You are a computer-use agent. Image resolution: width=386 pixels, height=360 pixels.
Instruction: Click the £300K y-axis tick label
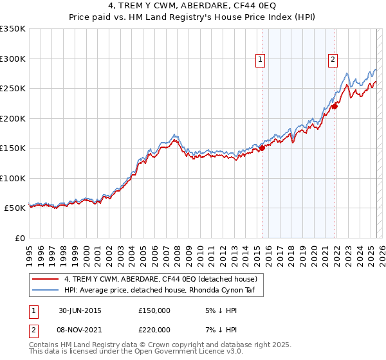point(13,59)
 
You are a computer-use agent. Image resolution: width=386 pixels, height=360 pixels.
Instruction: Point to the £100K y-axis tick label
point(13,178)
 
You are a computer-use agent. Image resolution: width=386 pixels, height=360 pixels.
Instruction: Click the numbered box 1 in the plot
point(261,60)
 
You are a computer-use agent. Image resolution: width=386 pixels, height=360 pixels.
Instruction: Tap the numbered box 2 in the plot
point(333,60)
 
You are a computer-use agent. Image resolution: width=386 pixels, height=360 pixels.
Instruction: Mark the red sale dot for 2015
point(262,148)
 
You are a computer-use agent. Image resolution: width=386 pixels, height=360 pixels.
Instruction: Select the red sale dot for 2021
point(335,107)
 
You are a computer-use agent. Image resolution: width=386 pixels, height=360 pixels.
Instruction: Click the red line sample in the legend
point(46,279)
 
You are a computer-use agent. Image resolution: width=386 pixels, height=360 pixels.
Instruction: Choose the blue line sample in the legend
point(46,291)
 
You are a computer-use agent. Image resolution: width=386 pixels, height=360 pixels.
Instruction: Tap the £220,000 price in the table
point(154,329)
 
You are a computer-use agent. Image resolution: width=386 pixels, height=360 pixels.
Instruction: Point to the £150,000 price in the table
point(154,310)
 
